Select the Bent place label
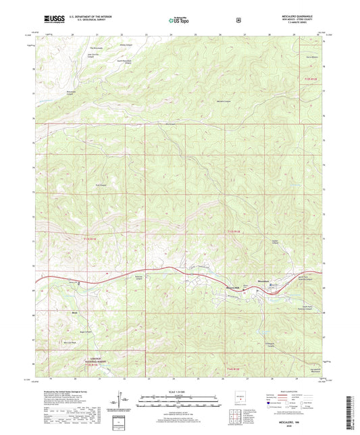coord(76,313)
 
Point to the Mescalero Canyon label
coord(223,101)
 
